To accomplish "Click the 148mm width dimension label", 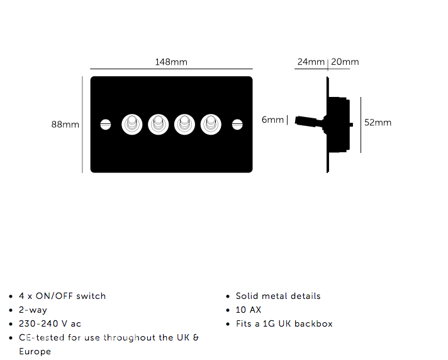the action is point(171,62).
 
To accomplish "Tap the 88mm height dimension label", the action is point(65,125).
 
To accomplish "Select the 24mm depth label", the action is point(311,62).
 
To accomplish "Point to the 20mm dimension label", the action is point(345,62).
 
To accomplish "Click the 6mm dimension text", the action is point(272,120).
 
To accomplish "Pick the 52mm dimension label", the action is point(378,123).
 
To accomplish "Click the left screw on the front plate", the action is point(106,125).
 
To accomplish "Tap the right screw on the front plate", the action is point(237,125).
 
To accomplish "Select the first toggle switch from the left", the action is point(132,124).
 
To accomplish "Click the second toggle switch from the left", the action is point(159,124).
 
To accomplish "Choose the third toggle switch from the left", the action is point(184,124).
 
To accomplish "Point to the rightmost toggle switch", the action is point(211,124).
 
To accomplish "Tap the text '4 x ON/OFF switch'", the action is point(62,296).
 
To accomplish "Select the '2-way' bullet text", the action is point(33,310).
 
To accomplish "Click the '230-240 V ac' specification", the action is point(50,323).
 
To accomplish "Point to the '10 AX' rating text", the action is point(249,310).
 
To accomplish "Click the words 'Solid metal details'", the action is point(278,296).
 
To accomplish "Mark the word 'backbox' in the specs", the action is point(313,323).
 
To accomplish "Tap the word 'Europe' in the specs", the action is point(35,351).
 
